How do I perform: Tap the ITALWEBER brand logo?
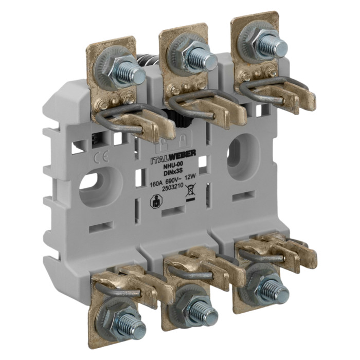[x=173, y=157]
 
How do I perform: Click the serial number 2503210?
[x=172, y=188]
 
